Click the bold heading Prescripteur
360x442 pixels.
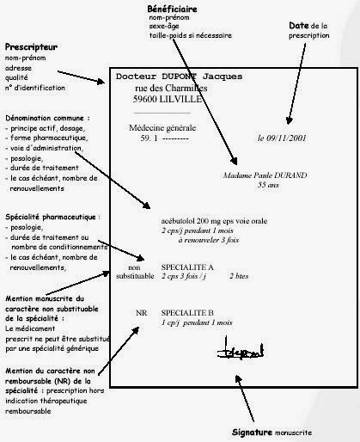[31, 46]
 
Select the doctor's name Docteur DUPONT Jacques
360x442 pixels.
[180, 77]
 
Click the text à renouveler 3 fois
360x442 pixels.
[217, 244]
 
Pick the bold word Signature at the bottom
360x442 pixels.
[257, 431]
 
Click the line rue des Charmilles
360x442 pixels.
[176, 89]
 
